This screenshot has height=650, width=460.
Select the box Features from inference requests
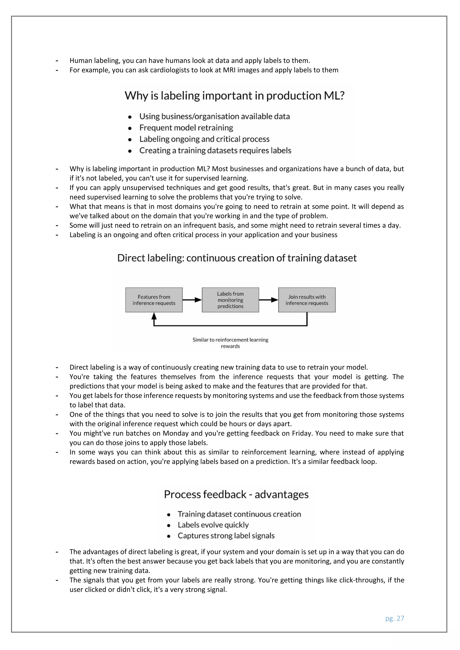154,300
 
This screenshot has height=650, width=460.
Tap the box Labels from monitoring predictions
230,300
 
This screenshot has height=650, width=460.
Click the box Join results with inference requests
307,300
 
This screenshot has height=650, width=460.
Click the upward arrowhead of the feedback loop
154,316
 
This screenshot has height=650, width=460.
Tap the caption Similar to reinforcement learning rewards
230,343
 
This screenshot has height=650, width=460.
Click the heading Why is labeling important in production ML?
234,96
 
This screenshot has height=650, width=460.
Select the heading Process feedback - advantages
236,494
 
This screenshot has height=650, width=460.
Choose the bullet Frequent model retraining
186,128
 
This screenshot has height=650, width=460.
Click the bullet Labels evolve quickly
213,525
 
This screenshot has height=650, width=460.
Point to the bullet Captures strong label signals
226,536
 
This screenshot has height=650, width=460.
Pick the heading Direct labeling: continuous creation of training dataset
237,258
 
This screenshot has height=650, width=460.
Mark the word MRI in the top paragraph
229,70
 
